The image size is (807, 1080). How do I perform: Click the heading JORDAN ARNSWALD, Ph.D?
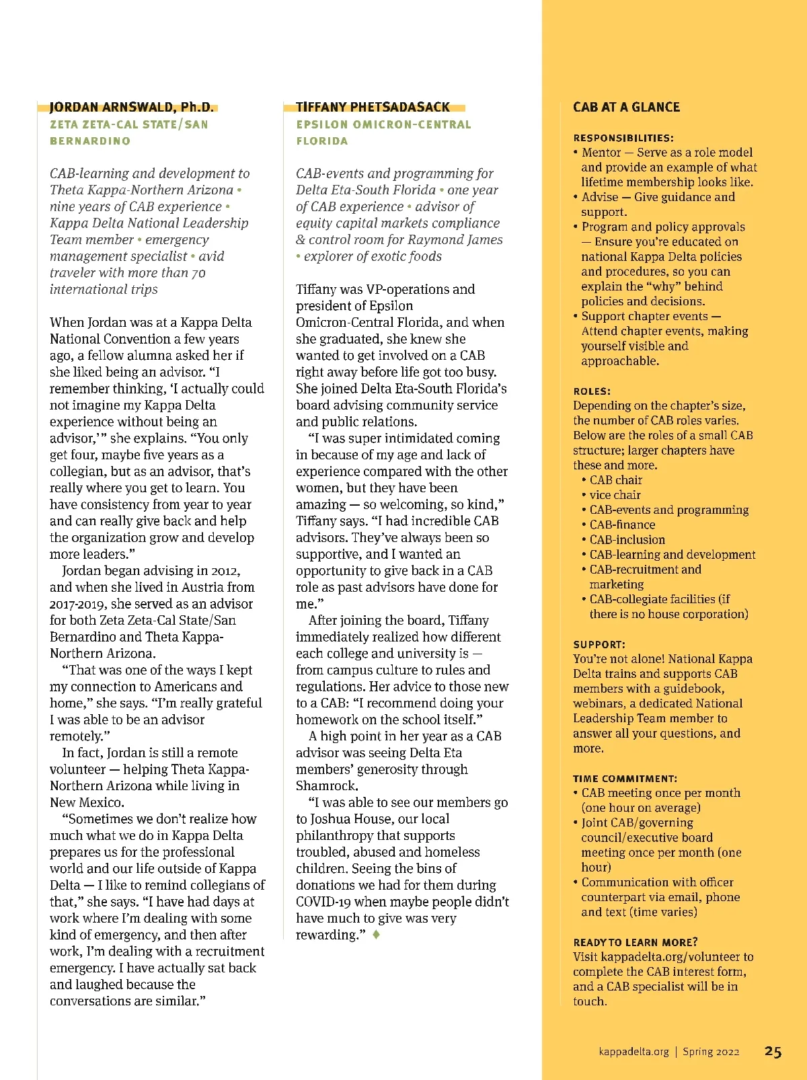(132, 107)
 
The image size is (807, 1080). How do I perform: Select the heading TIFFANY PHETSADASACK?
(373, 107)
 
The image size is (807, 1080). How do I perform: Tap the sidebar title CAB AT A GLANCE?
(626, 107)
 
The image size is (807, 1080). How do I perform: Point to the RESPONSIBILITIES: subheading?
(623, 138)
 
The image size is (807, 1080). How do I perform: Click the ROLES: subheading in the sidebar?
(592, 391)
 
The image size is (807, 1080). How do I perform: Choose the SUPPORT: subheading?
(599, 644)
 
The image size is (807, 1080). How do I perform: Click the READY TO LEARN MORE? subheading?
(636, 942)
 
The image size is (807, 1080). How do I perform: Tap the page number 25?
(773, 1052)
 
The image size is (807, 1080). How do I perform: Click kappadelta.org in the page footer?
(633, 1052)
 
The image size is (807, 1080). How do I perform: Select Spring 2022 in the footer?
(711, 1052)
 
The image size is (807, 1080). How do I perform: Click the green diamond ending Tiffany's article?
(376, 935)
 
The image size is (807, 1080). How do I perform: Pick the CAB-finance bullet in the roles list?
(622, 525)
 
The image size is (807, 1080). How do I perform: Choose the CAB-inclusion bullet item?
(627, 539)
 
